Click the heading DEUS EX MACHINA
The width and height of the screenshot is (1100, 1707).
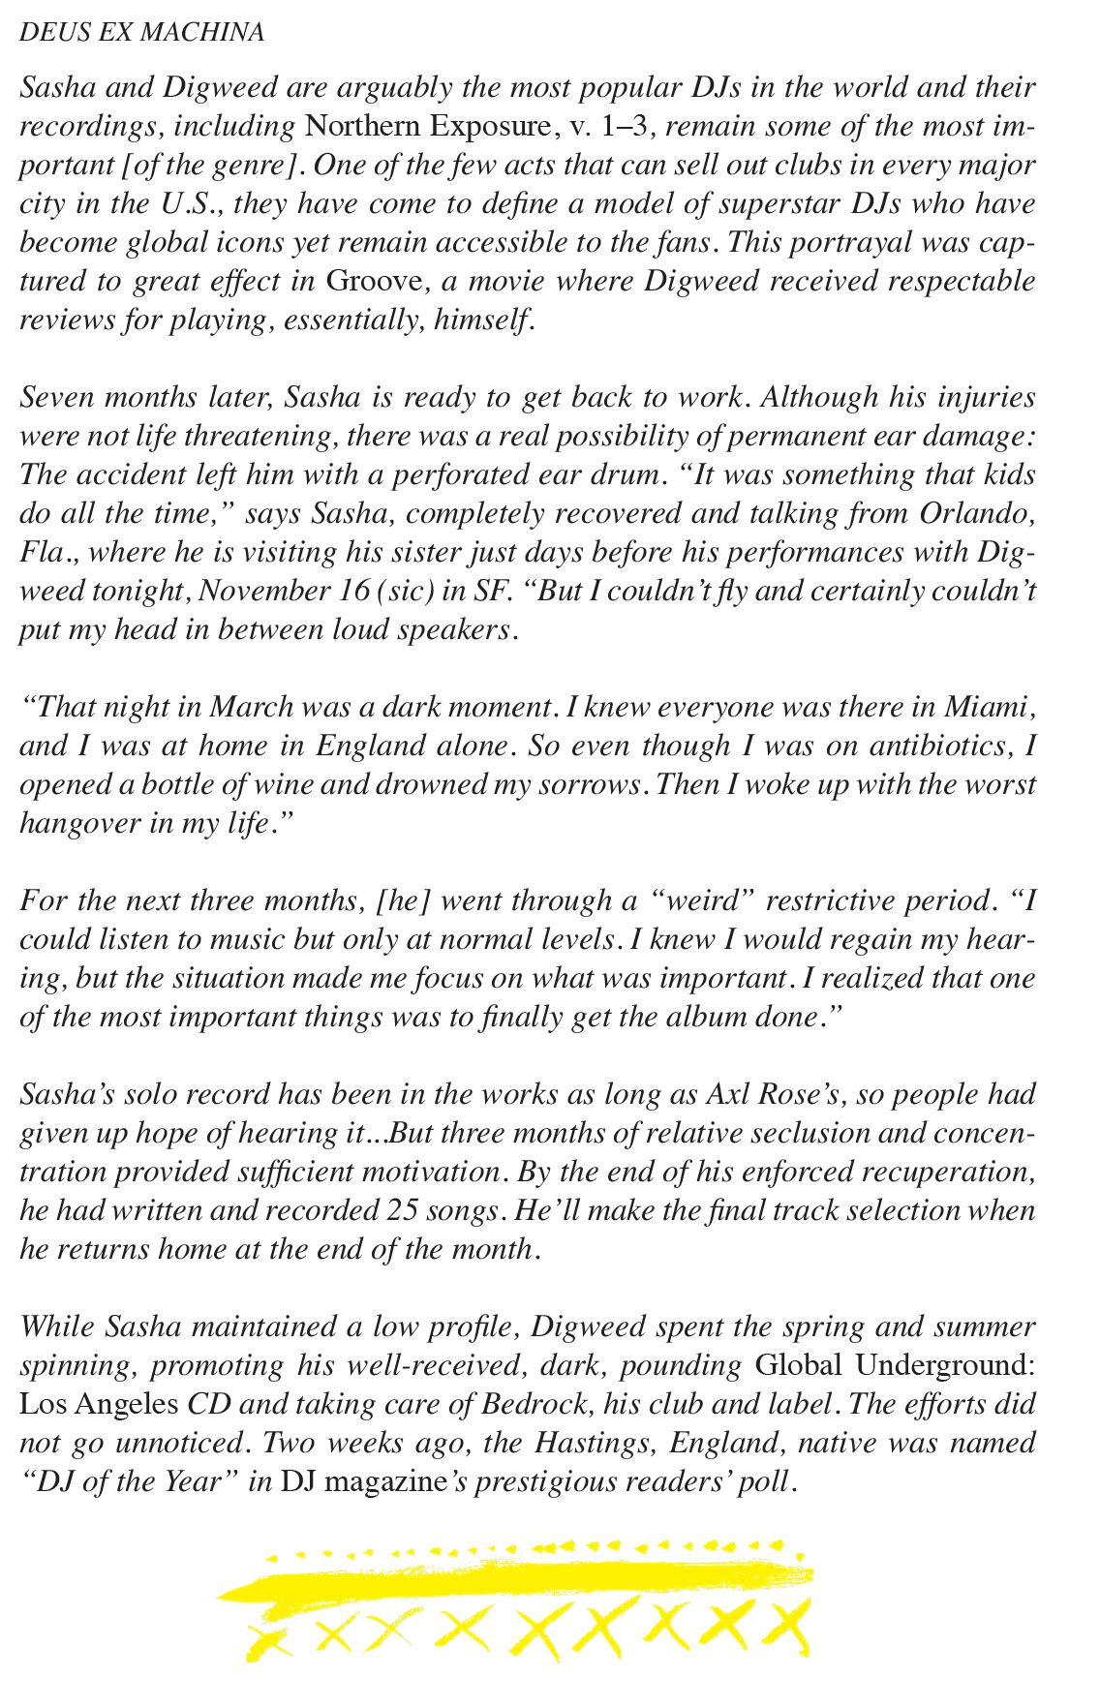click(141, 32)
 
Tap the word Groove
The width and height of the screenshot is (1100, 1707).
click(373, 281)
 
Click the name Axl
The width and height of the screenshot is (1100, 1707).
click(729, 1094)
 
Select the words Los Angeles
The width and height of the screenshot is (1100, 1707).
click(99, 1404)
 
